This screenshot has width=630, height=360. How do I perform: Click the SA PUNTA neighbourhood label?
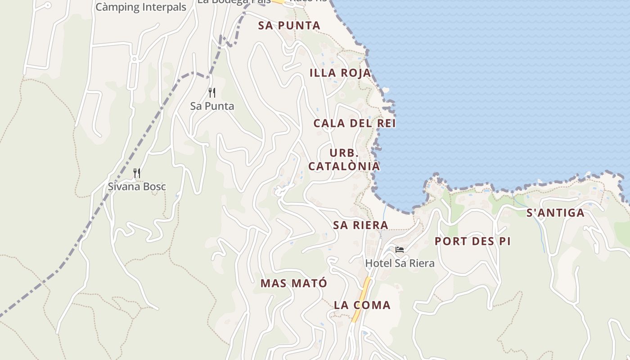point(289,26)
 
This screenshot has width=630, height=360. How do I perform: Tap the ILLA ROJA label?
point(340,73)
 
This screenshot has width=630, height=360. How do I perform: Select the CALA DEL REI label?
point(355,123)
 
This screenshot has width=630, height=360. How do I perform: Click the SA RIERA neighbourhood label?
point(360,225)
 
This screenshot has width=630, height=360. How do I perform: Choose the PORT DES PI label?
point(472,241)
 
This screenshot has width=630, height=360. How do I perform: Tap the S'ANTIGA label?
point(555,213)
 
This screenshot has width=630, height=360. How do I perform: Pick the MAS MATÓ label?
point(294,283)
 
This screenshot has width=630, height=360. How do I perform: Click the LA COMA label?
point(362,305)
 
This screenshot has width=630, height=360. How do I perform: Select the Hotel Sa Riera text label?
point(400,263)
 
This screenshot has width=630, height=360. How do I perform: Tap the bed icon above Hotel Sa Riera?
point(400,250)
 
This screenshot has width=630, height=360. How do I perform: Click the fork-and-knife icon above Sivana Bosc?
point(137,173)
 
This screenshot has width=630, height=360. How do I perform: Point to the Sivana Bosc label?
point(137,186)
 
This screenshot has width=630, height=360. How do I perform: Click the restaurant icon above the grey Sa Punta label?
point(212,93)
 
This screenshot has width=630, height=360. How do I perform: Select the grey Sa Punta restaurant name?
point(212,106)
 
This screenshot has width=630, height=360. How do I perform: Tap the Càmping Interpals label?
point(141,7)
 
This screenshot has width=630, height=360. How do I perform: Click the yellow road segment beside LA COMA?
point(362,299)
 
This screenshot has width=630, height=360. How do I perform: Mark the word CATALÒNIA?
point(344,166)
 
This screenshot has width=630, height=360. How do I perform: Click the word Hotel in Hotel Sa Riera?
point(378,263)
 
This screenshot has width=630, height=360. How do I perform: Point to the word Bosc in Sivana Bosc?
point(153,186)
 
